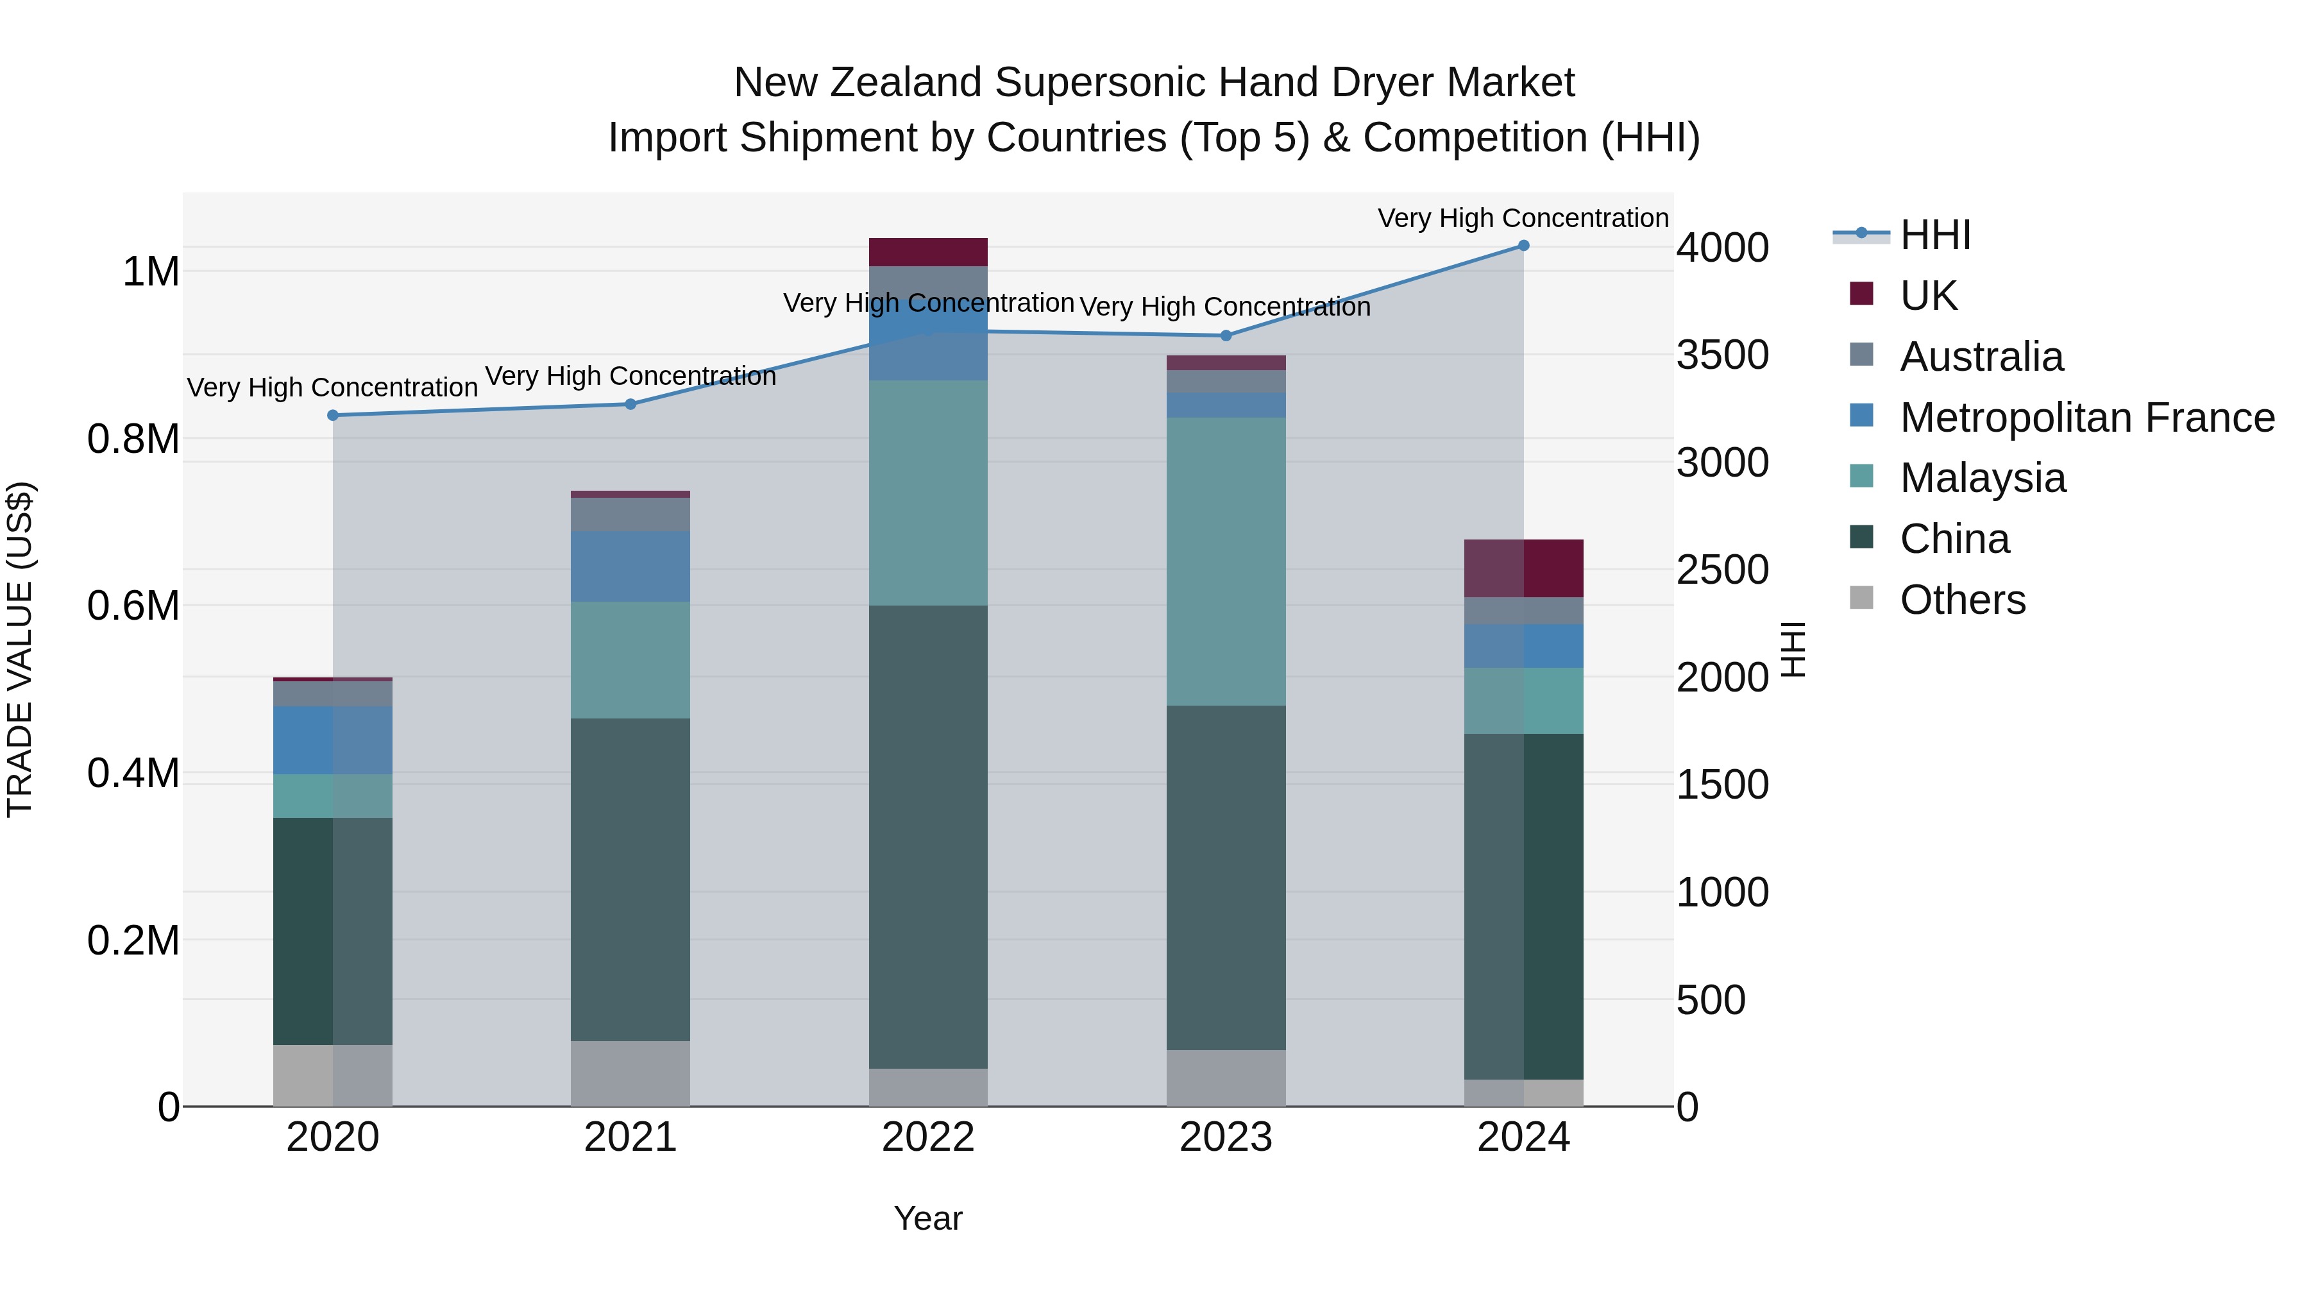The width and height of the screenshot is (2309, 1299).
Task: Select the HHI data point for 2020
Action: [x=332, y=415]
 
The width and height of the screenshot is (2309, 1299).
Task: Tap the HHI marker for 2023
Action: [x=1226, y=336]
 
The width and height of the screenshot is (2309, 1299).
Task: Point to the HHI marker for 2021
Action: [x=630, y=404]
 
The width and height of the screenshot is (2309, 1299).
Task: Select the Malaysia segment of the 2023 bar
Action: [x=1226, y=561]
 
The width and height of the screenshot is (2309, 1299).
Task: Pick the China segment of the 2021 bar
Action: [x=630, y=879]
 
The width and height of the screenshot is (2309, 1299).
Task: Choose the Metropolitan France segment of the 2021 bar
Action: [x=630, y=566]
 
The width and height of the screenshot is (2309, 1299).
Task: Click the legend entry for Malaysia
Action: [x=1983, y=478]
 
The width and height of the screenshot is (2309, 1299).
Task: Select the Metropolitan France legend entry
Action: [x=2086, y=418]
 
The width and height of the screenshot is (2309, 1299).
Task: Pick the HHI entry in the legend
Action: [x=1934, y=235]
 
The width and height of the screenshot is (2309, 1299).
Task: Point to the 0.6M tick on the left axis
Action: [x=133, y=606]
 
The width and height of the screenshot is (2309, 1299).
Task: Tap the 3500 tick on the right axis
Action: [x=1722, y=355]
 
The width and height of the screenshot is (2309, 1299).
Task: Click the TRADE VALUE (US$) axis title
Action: [x=21, y=649]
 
